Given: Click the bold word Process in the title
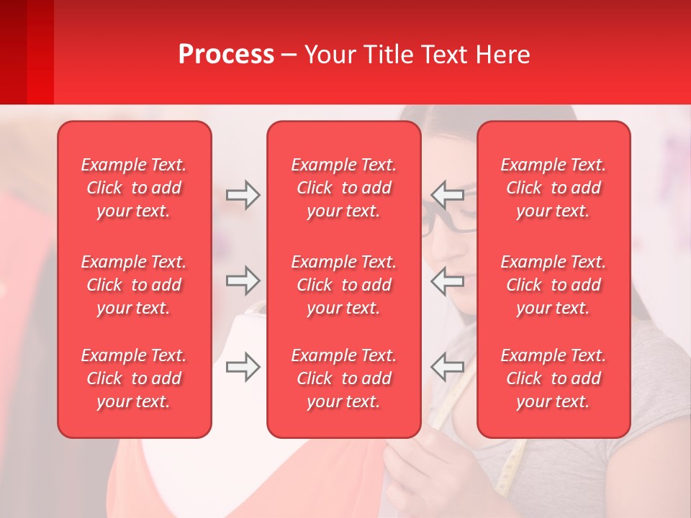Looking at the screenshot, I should point(226,55).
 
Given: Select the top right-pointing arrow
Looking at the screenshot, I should point(243,195).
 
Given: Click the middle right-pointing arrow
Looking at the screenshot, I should point(243,281).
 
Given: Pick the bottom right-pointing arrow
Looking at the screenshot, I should point(243,367).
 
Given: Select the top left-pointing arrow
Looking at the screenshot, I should point(447,195).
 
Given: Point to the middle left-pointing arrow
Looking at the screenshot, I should point(447,281).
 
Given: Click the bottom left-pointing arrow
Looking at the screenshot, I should point(447,367).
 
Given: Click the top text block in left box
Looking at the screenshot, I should point(134,188).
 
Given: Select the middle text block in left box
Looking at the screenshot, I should point(134,285).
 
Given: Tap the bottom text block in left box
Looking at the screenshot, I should point(134,378).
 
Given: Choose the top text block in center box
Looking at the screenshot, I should point(344,188).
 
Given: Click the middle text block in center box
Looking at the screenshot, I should point(344,285).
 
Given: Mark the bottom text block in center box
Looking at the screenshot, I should point(344,378).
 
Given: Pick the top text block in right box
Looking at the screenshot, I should point(554,188).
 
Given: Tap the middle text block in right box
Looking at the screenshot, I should point(554,285).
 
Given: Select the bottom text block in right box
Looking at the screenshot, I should point(554,378).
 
